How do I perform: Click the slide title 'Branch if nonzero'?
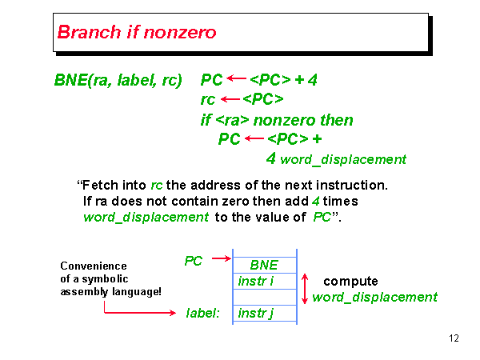click(137, 33)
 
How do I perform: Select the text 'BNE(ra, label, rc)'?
click(118, 80)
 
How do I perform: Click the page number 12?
click(454, 338)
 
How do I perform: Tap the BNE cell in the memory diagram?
click(263, 265)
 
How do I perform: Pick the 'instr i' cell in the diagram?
click(256, 281)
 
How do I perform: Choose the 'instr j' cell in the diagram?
click(256, 312)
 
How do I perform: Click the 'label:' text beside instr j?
click(203, 312)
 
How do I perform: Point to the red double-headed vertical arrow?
click(304, 288)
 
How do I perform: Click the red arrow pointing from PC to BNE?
click(221, 259)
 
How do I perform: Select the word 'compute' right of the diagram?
click(350, 282)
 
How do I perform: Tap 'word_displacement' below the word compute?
click(374, 298)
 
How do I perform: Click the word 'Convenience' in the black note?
click(94, 266)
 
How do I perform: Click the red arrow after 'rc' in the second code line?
click(230, 99)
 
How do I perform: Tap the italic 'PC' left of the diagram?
click(194, 261)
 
